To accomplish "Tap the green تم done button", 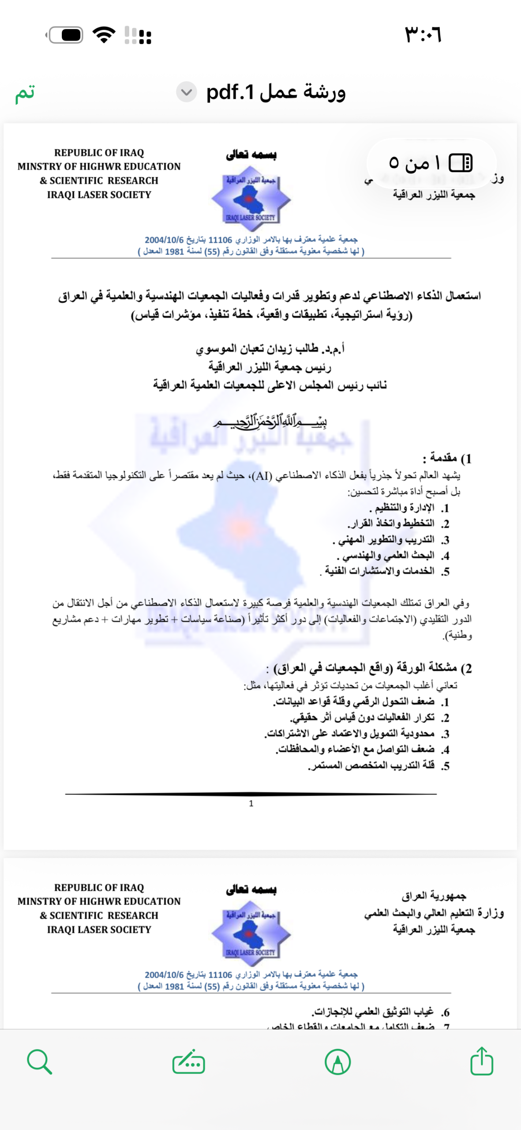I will (25, 93).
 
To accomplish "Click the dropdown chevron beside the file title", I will (186, 92).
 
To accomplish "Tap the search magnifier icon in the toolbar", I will (39, 1062).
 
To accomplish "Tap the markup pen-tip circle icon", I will (337, 1062).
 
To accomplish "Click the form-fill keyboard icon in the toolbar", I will (188, 1062).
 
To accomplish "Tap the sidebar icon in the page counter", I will (460, 163).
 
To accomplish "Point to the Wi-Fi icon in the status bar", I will (104, 34).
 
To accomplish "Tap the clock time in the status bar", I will (423, 34).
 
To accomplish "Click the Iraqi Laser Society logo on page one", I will (251, 199).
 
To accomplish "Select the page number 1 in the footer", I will (251, 803).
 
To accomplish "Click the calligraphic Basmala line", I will (270, 422).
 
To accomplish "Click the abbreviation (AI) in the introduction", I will (263, 475).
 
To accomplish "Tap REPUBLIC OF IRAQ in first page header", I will (99, 153).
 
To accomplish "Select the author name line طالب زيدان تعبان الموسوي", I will (270, 349).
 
